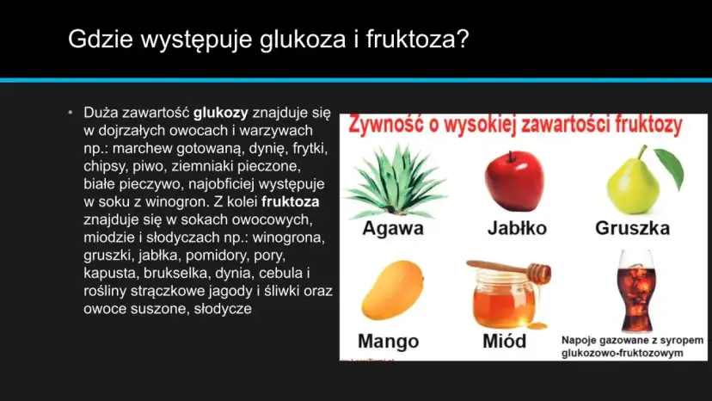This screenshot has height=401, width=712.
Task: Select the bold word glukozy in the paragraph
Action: point(221,112)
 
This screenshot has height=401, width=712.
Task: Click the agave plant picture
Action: point(392,182)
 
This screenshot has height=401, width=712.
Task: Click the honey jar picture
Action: point(505,301)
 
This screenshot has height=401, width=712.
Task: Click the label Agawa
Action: point(393,229)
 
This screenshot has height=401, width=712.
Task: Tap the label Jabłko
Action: point(517,229)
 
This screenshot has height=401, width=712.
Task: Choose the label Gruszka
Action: point(632,229)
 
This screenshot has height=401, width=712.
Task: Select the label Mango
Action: point(388,341)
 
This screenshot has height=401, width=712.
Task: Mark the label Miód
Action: point(504,341)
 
